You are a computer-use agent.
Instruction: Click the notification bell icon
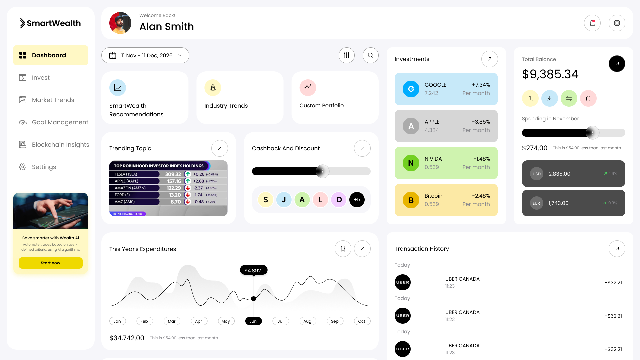click(592, 23)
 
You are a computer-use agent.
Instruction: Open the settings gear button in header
click(617, 23)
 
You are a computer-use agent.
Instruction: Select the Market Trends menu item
click(53, 100)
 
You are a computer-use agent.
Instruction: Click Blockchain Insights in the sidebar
click(60, 145)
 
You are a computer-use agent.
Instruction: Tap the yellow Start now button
click(51, 263)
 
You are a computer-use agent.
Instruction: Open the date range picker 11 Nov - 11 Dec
click(145, 55)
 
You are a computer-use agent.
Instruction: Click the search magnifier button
click(371, 55)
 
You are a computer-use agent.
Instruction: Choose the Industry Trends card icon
click(213, 88)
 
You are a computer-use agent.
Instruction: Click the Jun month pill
click(253, 321)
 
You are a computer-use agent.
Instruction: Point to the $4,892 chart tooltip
click(253, 270)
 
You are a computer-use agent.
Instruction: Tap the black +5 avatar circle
click(357, 200)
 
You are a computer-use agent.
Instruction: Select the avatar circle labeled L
click(320, 200)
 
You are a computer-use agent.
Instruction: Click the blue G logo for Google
click(411, 89)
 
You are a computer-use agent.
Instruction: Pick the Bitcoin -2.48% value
click(481, 196)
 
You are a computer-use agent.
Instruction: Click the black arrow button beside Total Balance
click(617, 64)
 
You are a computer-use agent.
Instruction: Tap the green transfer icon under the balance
click(569, 98)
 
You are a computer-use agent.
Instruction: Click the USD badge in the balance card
click(537, 174)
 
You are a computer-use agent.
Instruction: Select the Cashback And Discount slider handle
click(322, 171)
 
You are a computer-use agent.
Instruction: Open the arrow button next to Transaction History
click(617, 249)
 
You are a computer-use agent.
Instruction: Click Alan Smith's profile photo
click(120, 23)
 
